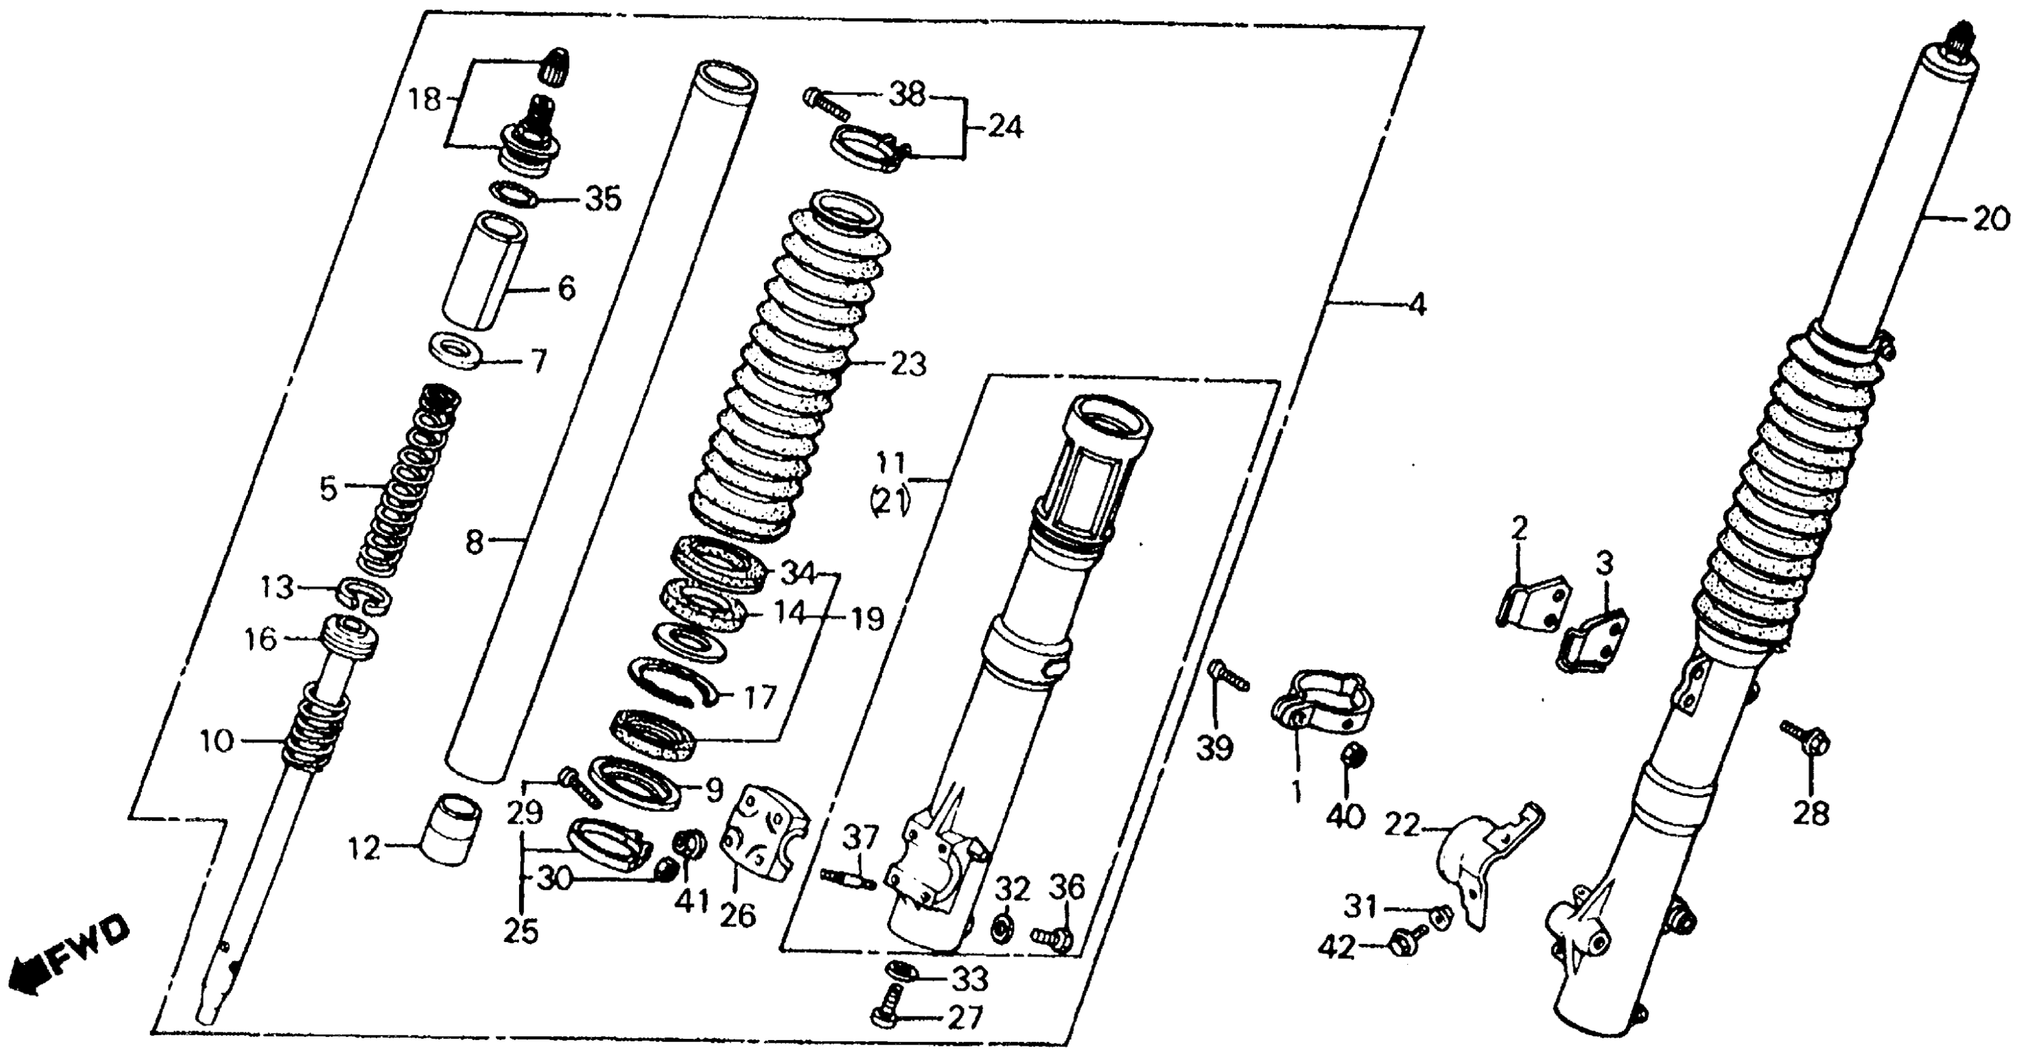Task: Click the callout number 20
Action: [x=1991, y=220]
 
